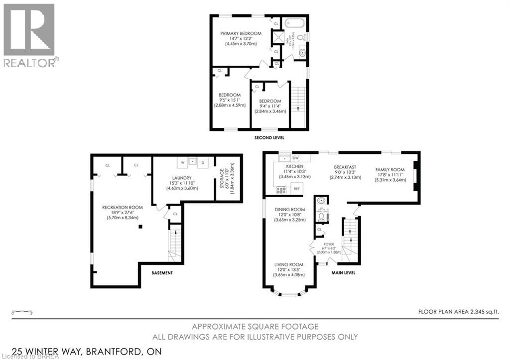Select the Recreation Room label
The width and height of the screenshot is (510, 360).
coord(123,207)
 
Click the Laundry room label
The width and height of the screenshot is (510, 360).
coord(184,178)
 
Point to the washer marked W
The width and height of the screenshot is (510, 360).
coord(182,162)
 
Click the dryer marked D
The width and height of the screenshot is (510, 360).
coord(203,162)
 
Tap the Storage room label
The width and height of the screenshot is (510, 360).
coord(219,178)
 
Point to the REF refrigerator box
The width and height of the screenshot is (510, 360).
coord(296,189)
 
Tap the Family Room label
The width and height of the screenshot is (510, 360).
coord(390,170)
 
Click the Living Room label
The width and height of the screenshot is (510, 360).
coord(289,265)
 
